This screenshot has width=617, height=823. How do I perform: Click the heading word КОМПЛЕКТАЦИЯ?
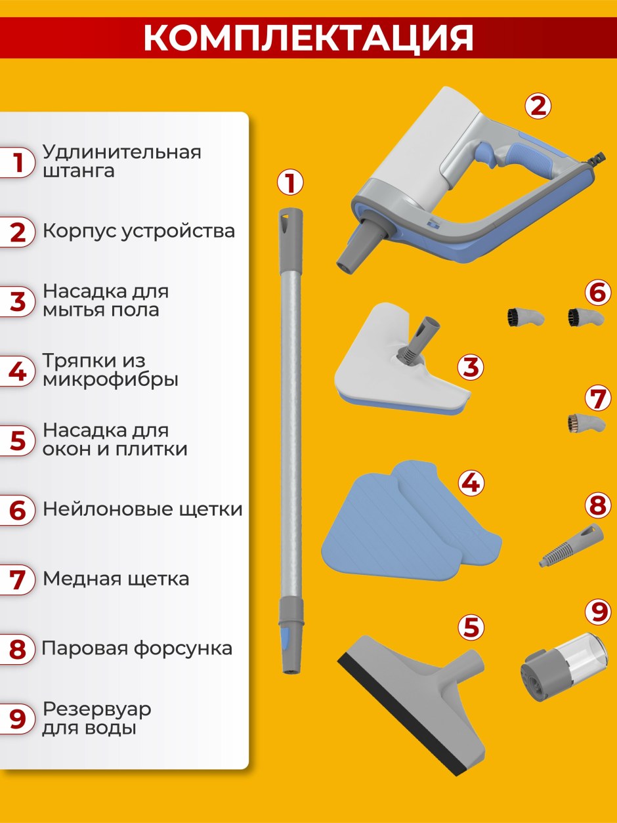308,38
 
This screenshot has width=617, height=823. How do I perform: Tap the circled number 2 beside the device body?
538,106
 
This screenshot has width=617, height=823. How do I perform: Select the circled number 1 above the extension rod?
290,183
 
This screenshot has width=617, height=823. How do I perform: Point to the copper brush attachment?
586,424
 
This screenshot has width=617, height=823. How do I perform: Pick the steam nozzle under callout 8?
571,545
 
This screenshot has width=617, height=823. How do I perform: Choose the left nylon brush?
525,318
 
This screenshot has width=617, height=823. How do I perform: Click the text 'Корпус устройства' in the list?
138,231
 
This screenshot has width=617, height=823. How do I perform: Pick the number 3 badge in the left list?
17,301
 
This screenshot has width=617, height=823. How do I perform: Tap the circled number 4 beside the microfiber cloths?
471,483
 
